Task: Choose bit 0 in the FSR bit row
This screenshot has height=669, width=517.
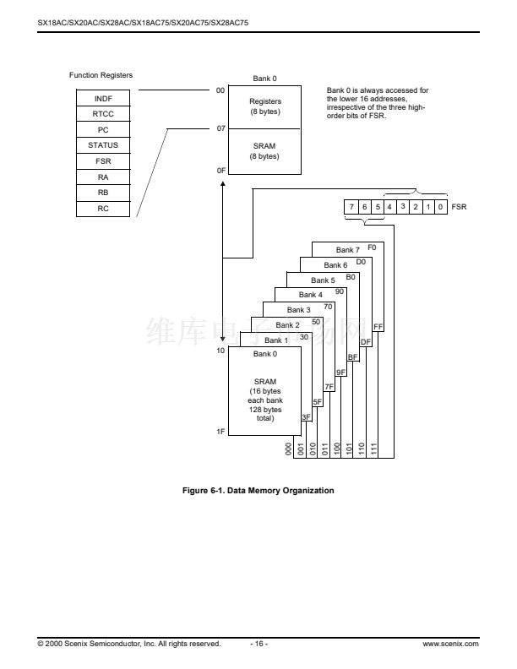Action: (441, 206)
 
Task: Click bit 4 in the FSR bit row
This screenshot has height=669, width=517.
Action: (390, 206)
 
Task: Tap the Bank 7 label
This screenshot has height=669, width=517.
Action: (347, 250)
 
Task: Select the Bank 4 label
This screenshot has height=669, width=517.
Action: (310, 295)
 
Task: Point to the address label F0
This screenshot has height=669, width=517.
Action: (373, 247)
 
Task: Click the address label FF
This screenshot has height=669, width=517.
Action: (378, 326)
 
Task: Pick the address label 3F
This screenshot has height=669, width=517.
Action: (307, 417)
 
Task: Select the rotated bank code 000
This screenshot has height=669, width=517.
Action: (289, 449)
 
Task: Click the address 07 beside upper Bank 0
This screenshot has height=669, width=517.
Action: (220, 128)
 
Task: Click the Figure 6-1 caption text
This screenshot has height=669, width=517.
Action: (258, 491)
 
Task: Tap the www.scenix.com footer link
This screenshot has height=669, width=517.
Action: (450, 644)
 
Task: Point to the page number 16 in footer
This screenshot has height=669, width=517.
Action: (258, 644)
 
